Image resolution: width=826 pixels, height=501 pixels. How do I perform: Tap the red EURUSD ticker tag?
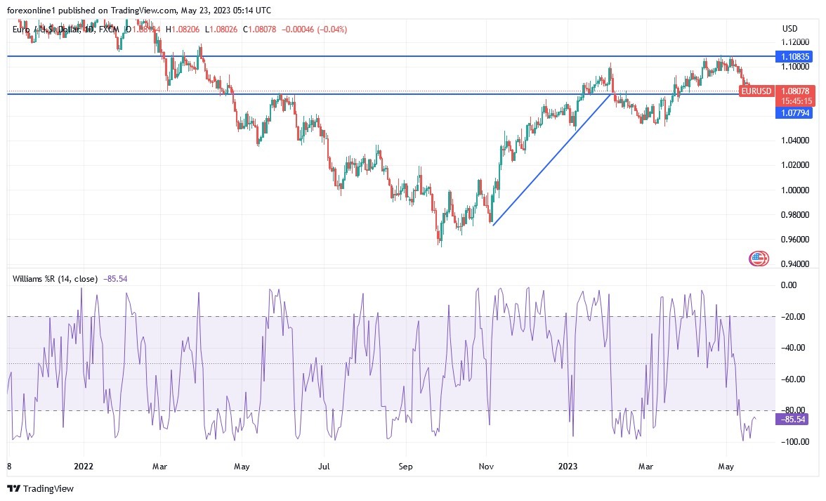coord(756,91)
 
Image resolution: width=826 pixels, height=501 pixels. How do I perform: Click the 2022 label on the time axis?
coord(83,466)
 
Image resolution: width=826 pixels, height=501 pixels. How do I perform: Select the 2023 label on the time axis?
coord(568,466)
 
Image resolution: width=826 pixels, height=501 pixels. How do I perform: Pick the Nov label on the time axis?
coord(485,466)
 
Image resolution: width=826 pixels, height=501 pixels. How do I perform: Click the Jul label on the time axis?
coord(324,466)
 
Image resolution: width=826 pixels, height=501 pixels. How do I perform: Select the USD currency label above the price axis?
coord(790,29)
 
